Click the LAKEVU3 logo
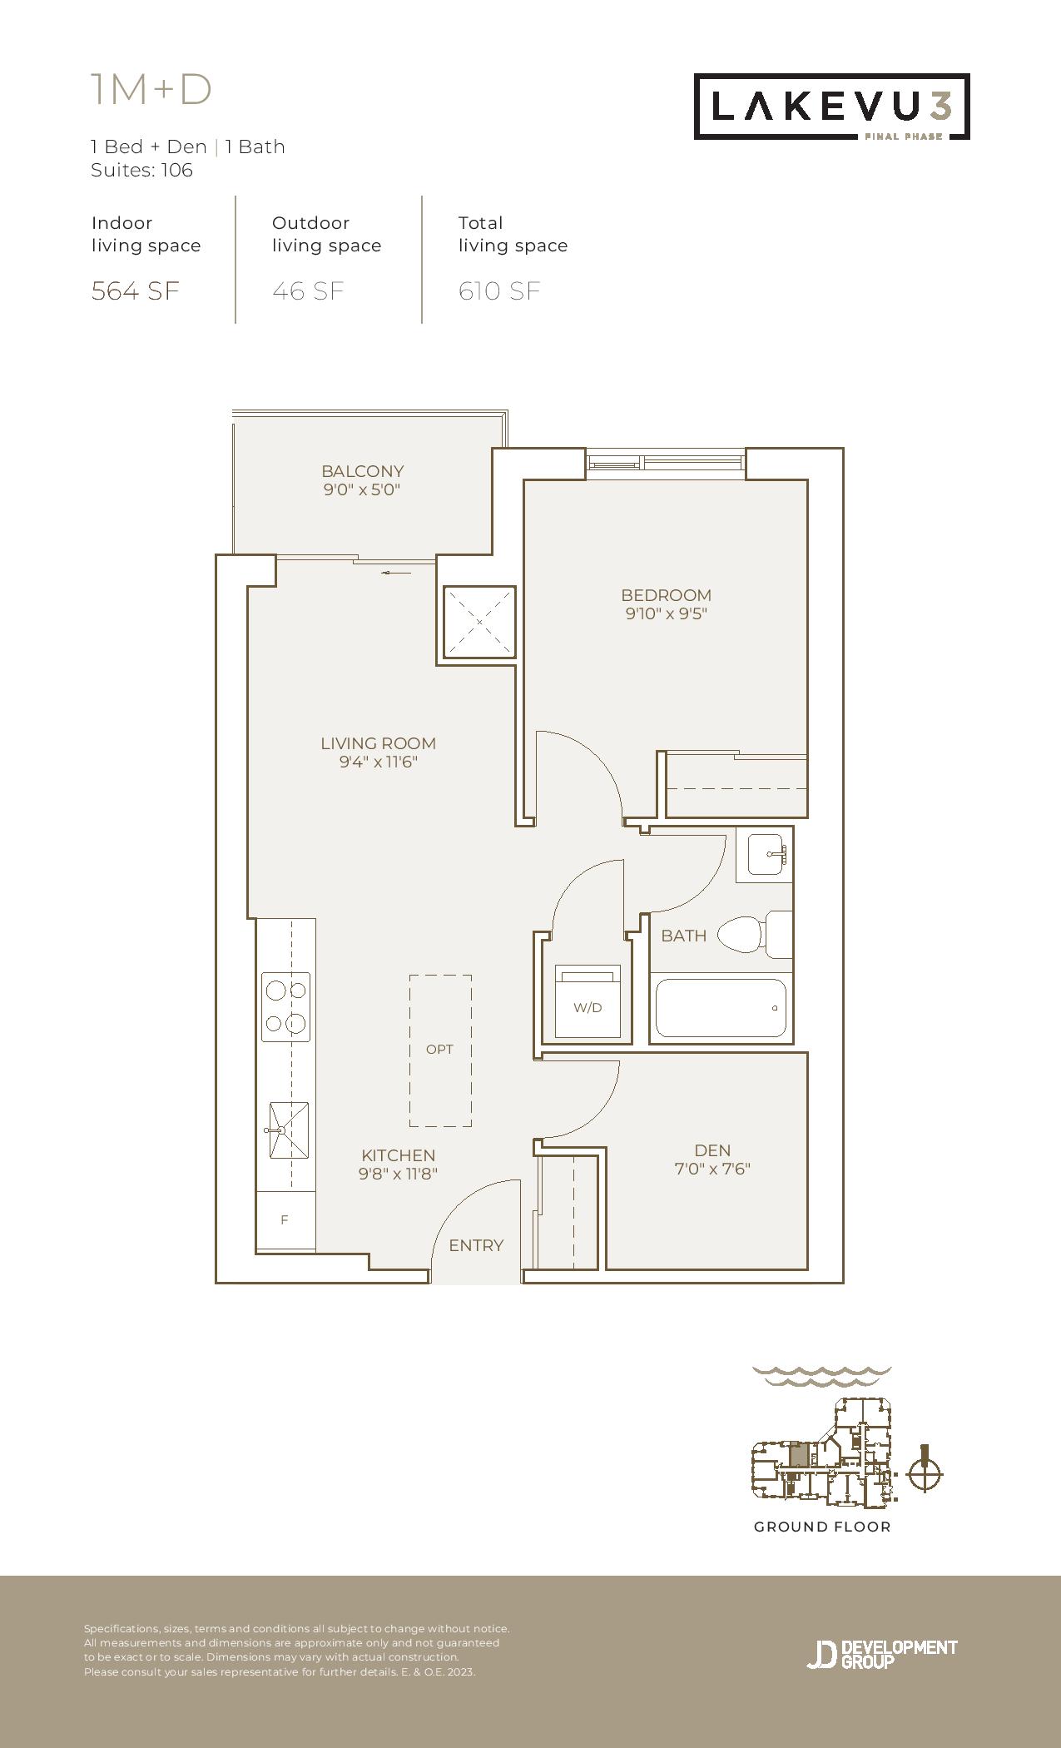point(832,107)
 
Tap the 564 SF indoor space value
point(136,291)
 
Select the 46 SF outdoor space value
point(308,291)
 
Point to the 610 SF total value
point(499,291)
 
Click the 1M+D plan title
point(151,90)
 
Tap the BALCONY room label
point(363,471)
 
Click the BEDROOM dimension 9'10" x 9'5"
point(667,614)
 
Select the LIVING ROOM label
point(379,743)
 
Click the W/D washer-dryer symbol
point(588,1001)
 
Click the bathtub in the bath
point(721,1008)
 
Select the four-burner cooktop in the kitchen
point(285,1007)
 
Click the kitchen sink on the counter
point(288,1130)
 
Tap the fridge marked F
point(285,1220)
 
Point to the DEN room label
point(712,1150)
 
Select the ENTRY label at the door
point(476,1245)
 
